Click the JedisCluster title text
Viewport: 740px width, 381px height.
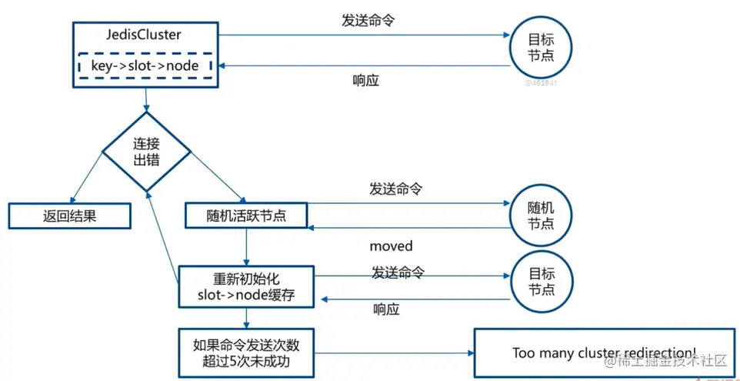(145, 35)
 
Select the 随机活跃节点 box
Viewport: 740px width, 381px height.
(246, 216)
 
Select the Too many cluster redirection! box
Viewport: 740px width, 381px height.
(603, 353)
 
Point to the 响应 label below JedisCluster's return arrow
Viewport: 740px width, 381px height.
(365, 81)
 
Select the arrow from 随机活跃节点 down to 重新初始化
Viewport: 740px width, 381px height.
(246, 246)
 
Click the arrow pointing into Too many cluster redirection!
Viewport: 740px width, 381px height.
(392, 354)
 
